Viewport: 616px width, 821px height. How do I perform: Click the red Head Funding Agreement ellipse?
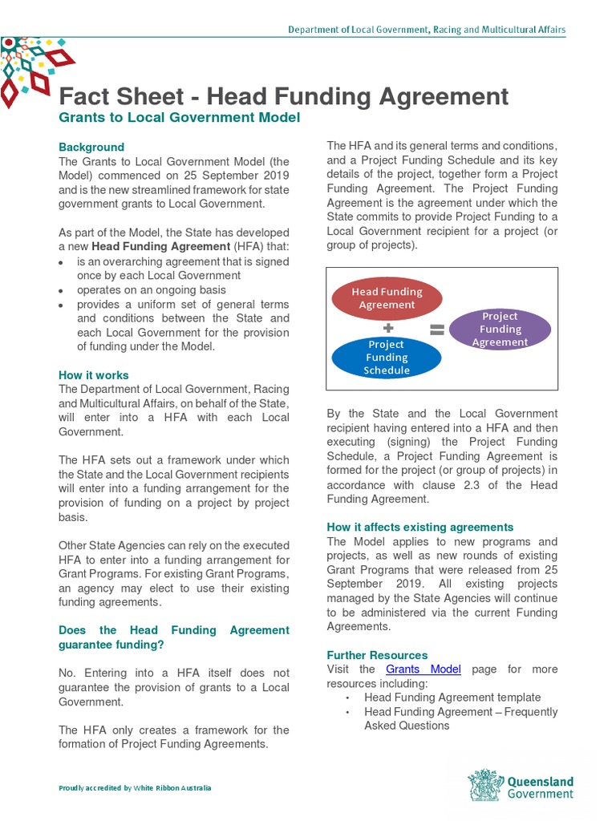(387, 297)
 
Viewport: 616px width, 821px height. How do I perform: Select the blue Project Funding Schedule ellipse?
(386, 357)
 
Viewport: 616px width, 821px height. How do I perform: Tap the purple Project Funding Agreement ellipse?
(500, 329)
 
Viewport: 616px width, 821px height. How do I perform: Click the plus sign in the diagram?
(388, 328)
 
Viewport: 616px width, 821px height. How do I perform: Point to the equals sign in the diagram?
(436, 329)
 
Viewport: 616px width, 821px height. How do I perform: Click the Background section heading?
(91, 147)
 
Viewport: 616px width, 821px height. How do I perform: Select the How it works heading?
(94, 375)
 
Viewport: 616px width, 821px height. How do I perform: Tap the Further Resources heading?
(377, 655)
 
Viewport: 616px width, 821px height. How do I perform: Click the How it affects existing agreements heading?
(419, 527)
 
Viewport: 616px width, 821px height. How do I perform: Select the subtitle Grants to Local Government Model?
(179, 118)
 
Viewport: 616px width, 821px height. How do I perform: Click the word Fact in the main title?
(84, 96)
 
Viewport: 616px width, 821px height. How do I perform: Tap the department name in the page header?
(427, 30)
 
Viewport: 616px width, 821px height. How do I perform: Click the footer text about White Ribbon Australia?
(135, 788)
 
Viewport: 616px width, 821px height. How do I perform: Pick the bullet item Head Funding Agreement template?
(452, 698)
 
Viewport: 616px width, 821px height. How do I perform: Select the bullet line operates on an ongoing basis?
(152, 290)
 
